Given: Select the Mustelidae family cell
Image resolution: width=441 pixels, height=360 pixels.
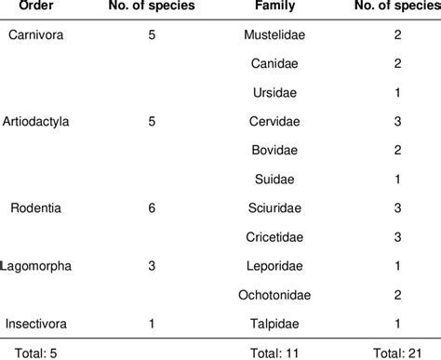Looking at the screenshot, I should click(275, 34).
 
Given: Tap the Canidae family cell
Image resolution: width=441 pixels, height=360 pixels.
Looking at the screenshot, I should click(275, 63).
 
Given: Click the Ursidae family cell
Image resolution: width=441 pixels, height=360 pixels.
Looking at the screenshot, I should click(275, 92).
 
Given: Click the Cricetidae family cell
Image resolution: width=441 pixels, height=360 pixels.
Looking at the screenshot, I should click(275, 235).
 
